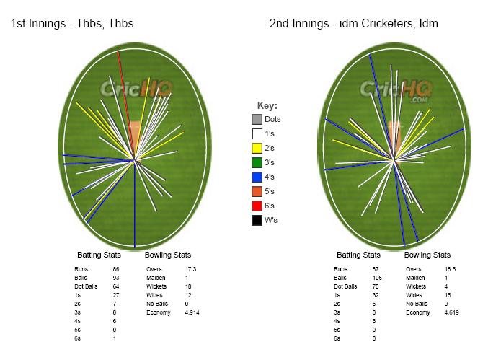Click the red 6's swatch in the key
tap(257, 206)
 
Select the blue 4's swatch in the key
tap(257, 177)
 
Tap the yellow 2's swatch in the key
tap(257, 148)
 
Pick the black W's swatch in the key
tap(257, 220)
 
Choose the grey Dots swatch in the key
tap(257, 119)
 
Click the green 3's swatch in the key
tap(257, 162)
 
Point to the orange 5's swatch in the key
tap(257, 191)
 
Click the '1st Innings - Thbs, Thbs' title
tap(72, 24)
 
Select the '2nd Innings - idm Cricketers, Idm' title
tap(354, 24)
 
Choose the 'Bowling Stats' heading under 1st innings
tap(167, 255)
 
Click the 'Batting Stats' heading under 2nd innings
tap(358, 255)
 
